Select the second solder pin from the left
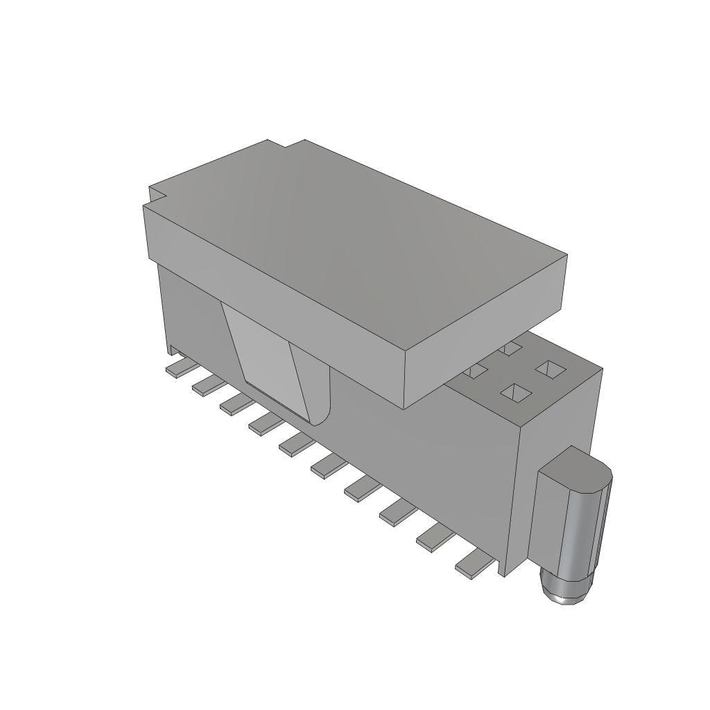pos(207,383)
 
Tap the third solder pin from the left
pos(235,401)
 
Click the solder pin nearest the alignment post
pos(474,563)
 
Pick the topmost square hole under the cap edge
pos(512,347)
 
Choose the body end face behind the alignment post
pos(562,416)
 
